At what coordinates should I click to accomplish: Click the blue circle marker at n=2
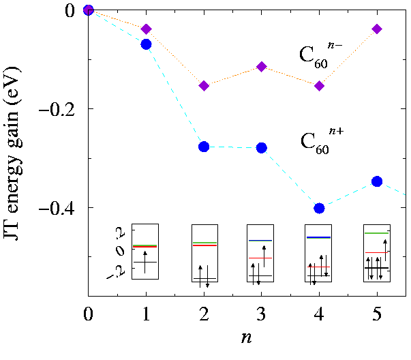coord(204,147)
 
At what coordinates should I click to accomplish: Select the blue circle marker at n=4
coord(320,208)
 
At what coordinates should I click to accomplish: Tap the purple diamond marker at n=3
coord(262,66)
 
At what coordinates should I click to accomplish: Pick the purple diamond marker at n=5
coord(378,29)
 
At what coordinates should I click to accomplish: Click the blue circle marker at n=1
coord(146,44)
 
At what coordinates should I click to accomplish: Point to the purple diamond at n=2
coord(204,85)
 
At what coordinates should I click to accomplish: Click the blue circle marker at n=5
coord(378,181)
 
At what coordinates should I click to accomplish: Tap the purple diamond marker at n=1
coord(146,29)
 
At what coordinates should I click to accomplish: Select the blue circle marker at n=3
coord(262,148)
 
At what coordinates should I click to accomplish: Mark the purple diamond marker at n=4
coord(320,85)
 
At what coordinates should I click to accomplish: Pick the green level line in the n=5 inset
coord(376,233)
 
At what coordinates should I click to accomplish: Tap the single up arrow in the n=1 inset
coord(145,262)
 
